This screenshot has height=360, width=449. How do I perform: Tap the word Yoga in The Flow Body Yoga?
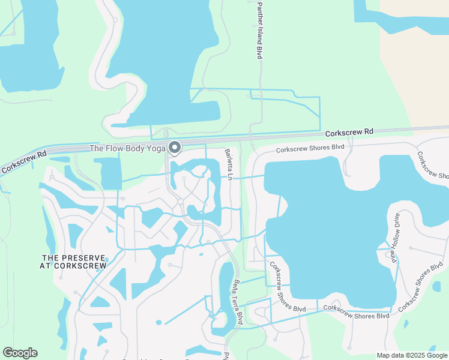coord(154,148)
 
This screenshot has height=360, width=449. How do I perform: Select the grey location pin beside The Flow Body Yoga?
coord(175,147)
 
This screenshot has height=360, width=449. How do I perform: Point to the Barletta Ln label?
coord(228,164)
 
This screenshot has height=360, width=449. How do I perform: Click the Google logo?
coord(20,353)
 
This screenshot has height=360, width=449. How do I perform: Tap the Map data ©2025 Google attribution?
coord(412,355)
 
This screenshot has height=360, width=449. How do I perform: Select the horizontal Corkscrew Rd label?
coord(349,131)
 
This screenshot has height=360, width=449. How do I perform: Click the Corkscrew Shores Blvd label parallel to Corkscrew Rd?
coord(310,148)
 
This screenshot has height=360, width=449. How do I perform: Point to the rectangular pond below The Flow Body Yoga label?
coord(111,173)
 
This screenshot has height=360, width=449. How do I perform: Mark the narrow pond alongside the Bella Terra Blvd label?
coord(225,294)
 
